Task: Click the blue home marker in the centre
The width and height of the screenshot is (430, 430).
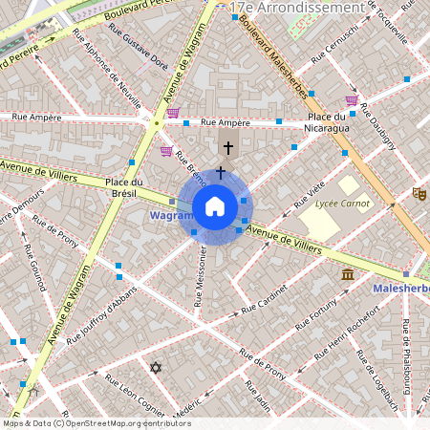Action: (x=215, y=206)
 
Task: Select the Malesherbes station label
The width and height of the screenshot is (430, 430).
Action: (x=400, y=286)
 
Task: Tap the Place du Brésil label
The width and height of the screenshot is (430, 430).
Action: (x=124, y=187)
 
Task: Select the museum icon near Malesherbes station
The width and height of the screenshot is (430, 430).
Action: (x=347, y=274)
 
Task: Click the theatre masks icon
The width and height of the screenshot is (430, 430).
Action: (x=418, y=193)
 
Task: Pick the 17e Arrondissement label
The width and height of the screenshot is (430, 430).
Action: (x=302, y=7)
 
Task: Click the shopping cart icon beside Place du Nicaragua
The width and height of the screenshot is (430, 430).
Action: (x=352, y=99)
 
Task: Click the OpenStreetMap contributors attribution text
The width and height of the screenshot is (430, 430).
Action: (x=97, y=422)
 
